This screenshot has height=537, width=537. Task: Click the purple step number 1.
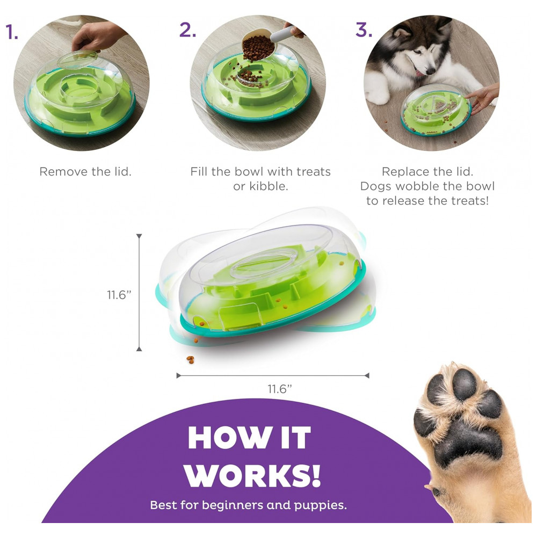[12, 32]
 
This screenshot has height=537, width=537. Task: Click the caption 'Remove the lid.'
[85, 171]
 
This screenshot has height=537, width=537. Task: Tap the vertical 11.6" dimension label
[119, 294]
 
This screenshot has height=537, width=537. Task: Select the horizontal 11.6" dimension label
[280, 389]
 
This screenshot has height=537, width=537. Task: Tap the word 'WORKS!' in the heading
[253, 476]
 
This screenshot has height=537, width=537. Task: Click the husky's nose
[430, 71]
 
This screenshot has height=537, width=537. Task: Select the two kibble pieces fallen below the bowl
[191, 360]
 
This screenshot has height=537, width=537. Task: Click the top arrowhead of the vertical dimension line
[139, 237]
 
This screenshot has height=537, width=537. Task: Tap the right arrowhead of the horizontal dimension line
[367, 376]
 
